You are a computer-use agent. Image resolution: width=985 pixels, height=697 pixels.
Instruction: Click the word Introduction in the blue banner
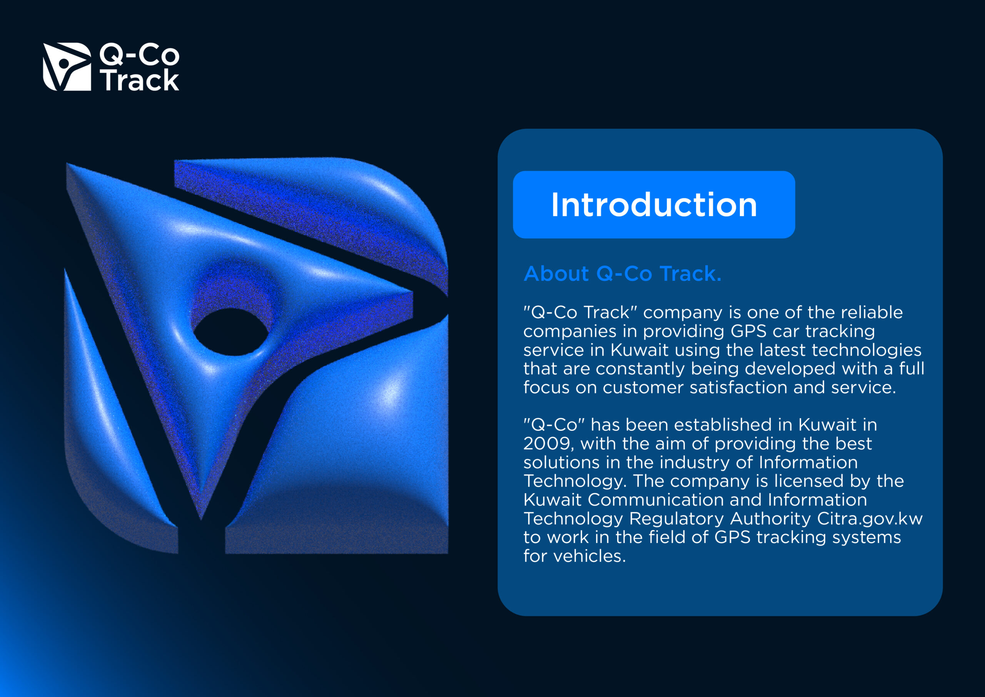(x=654, y=205)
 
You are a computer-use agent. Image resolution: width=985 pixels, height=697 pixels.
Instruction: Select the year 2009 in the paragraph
(x=549, y=444)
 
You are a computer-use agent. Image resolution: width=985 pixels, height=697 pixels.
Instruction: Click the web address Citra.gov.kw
(x=870, y=519)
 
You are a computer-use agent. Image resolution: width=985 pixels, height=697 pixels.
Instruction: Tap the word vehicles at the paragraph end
(x=590, y=556)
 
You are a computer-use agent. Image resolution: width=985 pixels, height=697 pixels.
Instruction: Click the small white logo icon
(x=67, y=67)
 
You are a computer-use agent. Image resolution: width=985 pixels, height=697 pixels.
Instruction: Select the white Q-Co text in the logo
(x=139, y=55)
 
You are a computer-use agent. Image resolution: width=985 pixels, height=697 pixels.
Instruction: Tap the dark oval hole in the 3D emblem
(x=231, y=332)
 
